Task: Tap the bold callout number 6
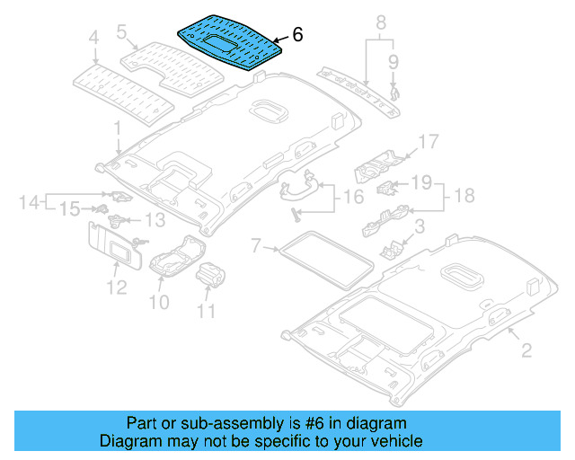pyautogui.click(x=297, y=35)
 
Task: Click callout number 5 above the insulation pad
pyautogui.click(x=122, y=32)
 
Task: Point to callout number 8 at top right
pyautogui.click(x=380, y=22)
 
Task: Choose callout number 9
pyautogui.click(x=393, y=61)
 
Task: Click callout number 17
pyautogui.click(x=428, y=141)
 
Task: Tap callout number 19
pyautogui.click(x=421, y=183)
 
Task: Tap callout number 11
pyautogui.click(x=207, y=312)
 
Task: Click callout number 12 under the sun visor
pyautogui.click(x=117, y=287)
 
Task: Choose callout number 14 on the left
pyautogui.click(x=29, y=202)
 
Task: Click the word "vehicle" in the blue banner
pyautogui.click(x=387, y=441)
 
